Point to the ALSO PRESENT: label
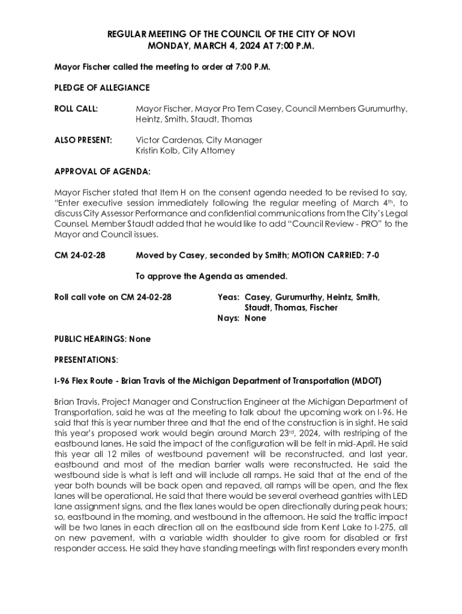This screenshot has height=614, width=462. [83, 140]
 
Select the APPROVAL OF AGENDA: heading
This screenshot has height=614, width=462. [103, 171]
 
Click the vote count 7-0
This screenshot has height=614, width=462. [372, 255]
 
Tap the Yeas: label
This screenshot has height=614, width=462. [229, 297]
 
